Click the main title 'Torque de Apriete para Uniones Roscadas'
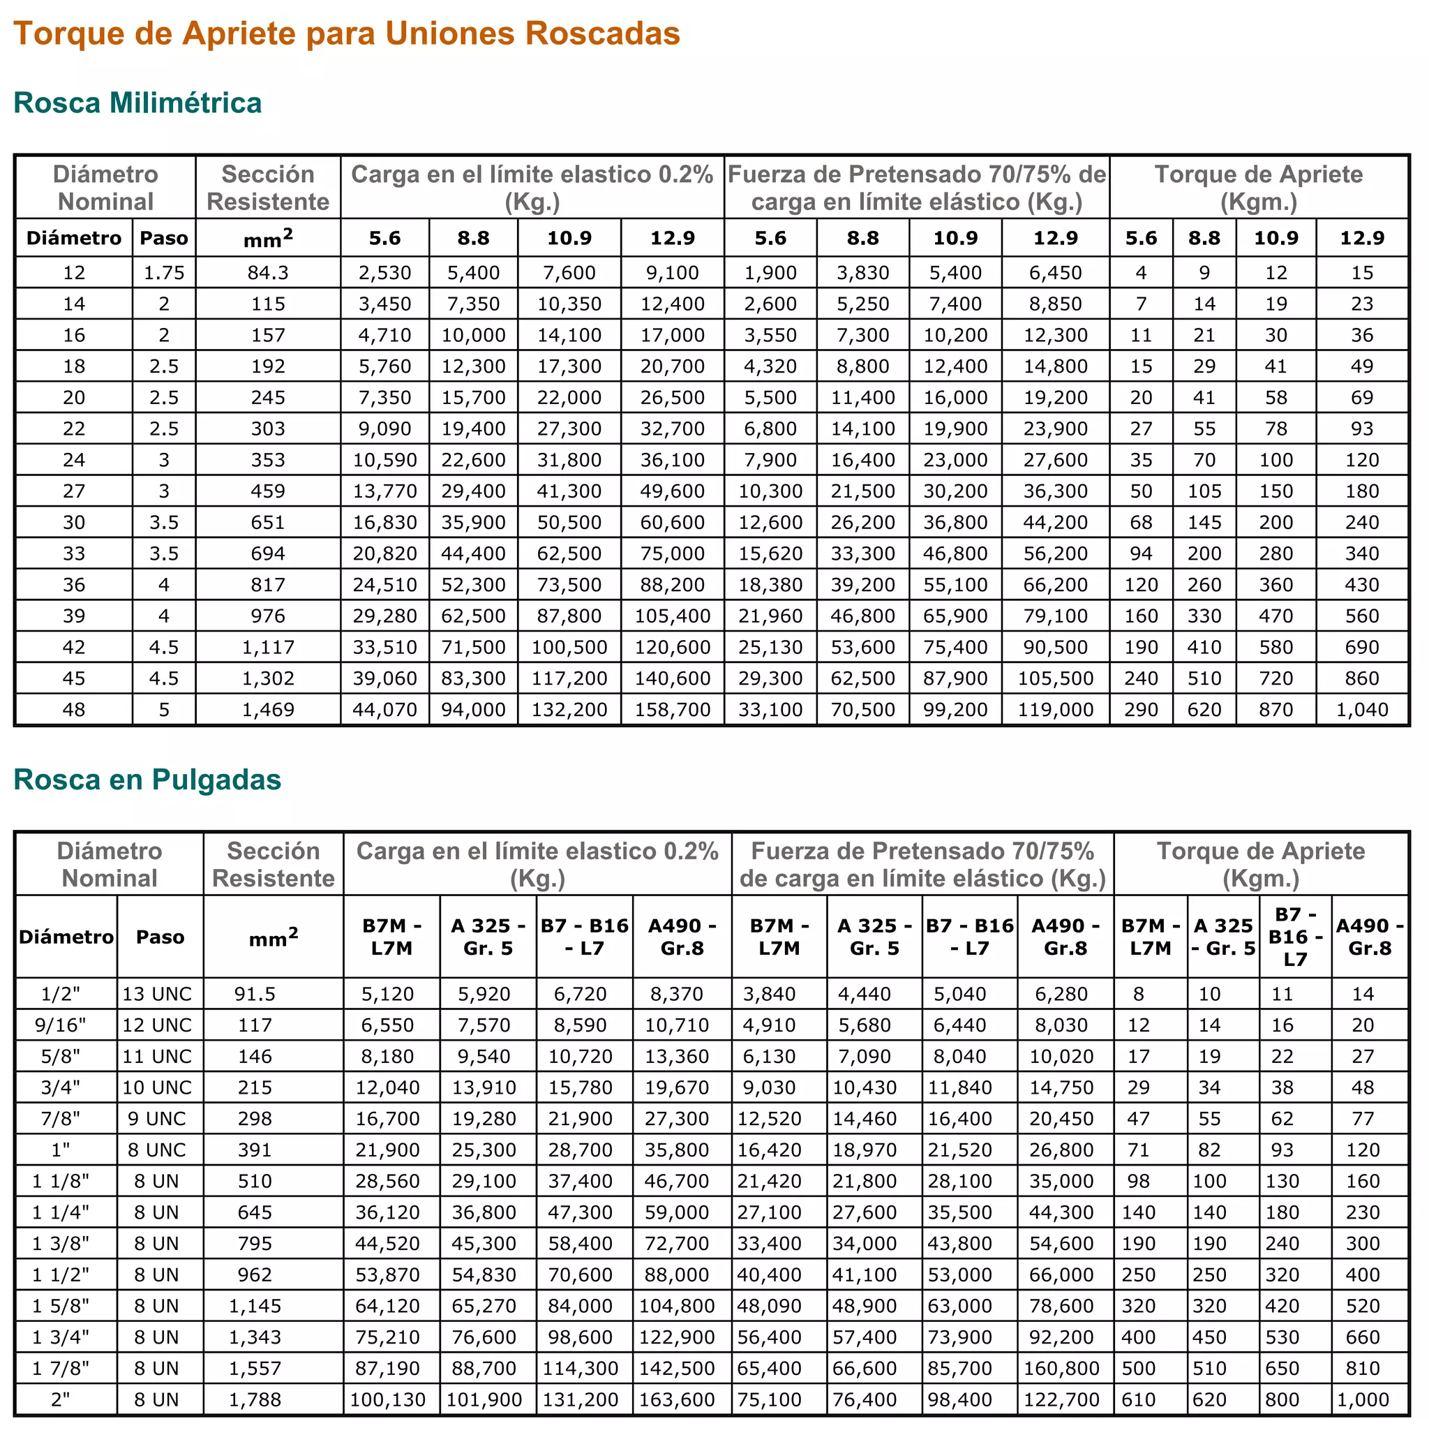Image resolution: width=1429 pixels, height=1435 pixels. click(x=347, y=34)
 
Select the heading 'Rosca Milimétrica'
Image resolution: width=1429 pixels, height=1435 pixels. click(x=137, y=103)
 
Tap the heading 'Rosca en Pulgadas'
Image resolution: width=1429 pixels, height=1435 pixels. click(x=147, y=779)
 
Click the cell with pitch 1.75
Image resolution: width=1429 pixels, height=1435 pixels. click(x=164, y=273)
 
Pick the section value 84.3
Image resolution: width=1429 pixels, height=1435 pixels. click(x=268, y=273)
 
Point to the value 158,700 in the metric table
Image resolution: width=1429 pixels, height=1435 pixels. click(x=672, y=709)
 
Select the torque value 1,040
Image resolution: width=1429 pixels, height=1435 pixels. click(x=1361, y=709)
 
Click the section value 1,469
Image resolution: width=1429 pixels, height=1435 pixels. click(x=268, y=709)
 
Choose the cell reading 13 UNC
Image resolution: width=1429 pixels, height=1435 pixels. click(x=157, y=994)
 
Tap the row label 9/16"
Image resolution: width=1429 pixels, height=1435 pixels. click(x=61, y=1025)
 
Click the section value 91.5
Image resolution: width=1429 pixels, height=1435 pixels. click(x=255, y=994)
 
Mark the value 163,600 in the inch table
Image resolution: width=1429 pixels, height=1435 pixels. click(x=677, y=1399)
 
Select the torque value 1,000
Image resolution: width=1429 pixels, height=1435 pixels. click(x=1363, y=1399)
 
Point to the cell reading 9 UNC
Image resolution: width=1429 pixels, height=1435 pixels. click(x=157, y=1119)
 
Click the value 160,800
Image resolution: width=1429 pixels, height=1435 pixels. click(x=1061, y=1368)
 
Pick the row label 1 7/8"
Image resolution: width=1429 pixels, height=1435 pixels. click(x=61, y=1368)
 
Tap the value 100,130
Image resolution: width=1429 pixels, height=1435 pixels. click(x=388, y=1399)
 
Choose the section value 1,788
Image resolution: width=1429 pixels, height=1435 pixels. click(x=255, y=1399)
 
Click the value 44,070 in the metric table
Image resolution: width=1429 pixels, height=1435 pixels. click(x=384, y=709)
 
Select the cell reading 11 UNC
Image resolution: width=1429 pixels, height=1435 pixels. click(x=157, y=1056)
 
